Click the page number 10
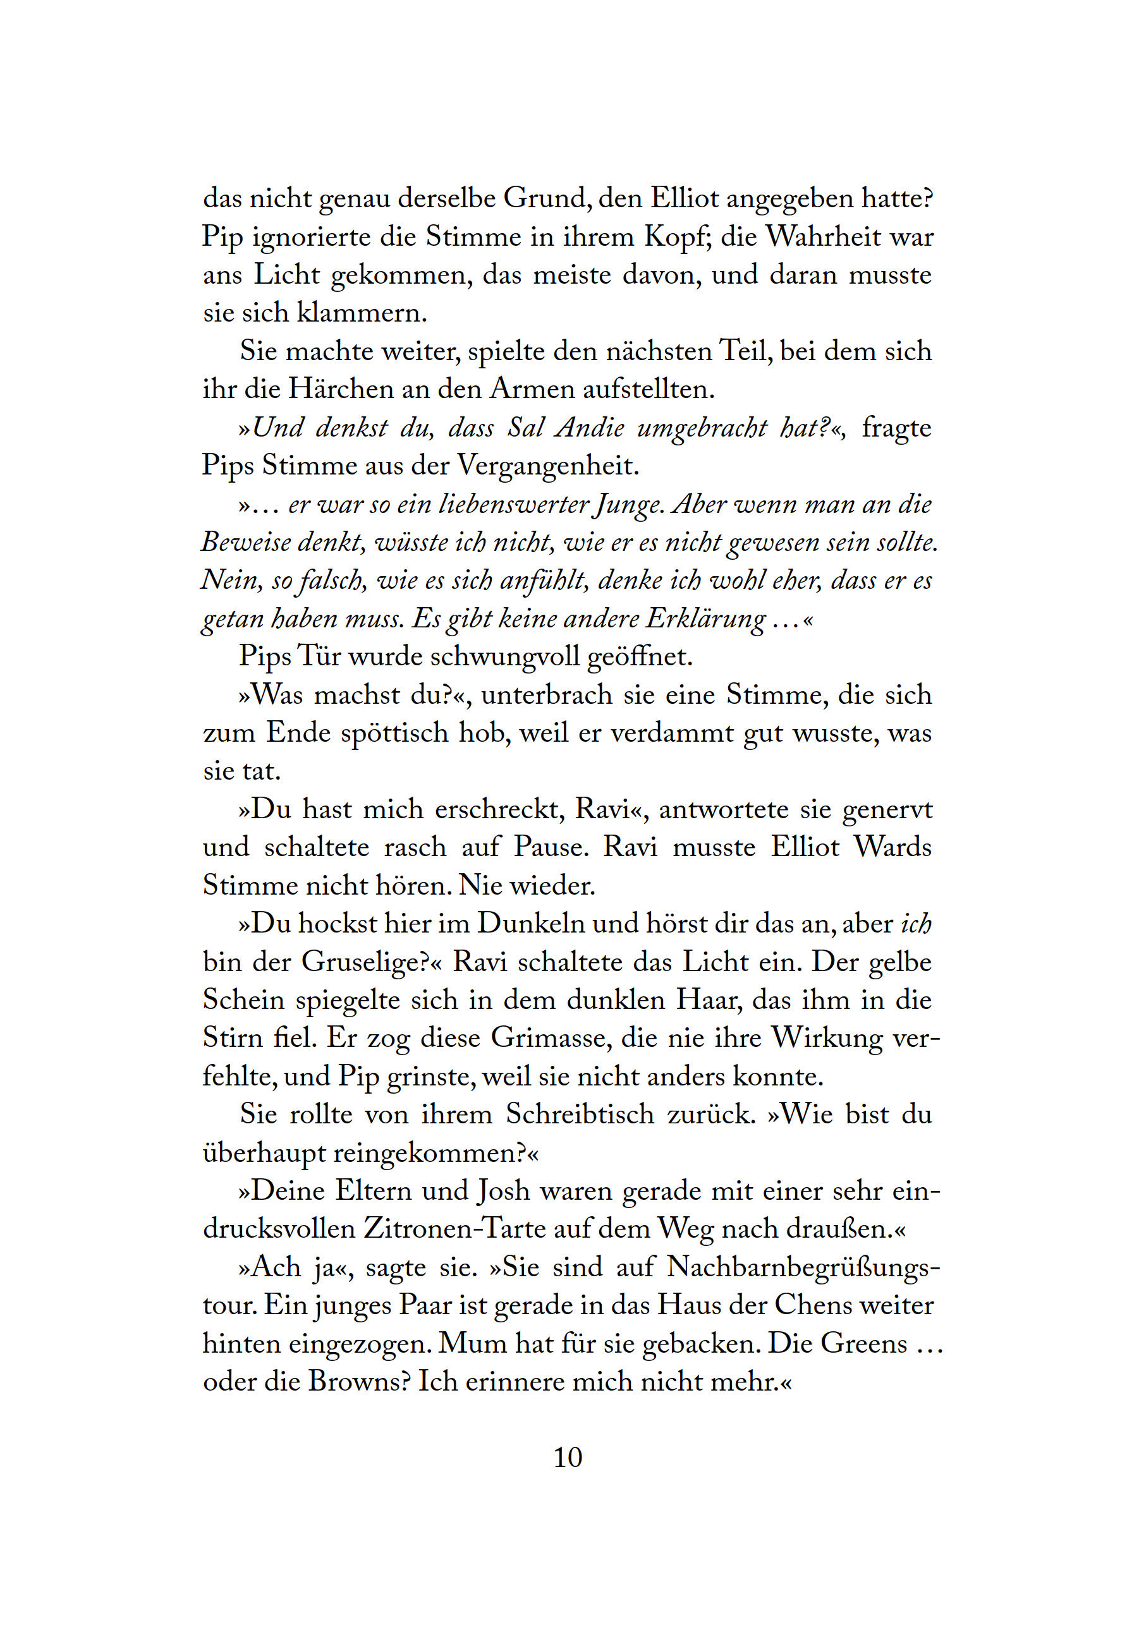[567, 1458]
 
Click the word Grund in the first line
[545, 198]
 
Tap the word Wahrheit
[823, 236]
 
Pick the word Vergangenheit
[548, 466]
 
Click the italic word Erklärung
[705, 619]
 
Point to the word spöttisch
[394, 733]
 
